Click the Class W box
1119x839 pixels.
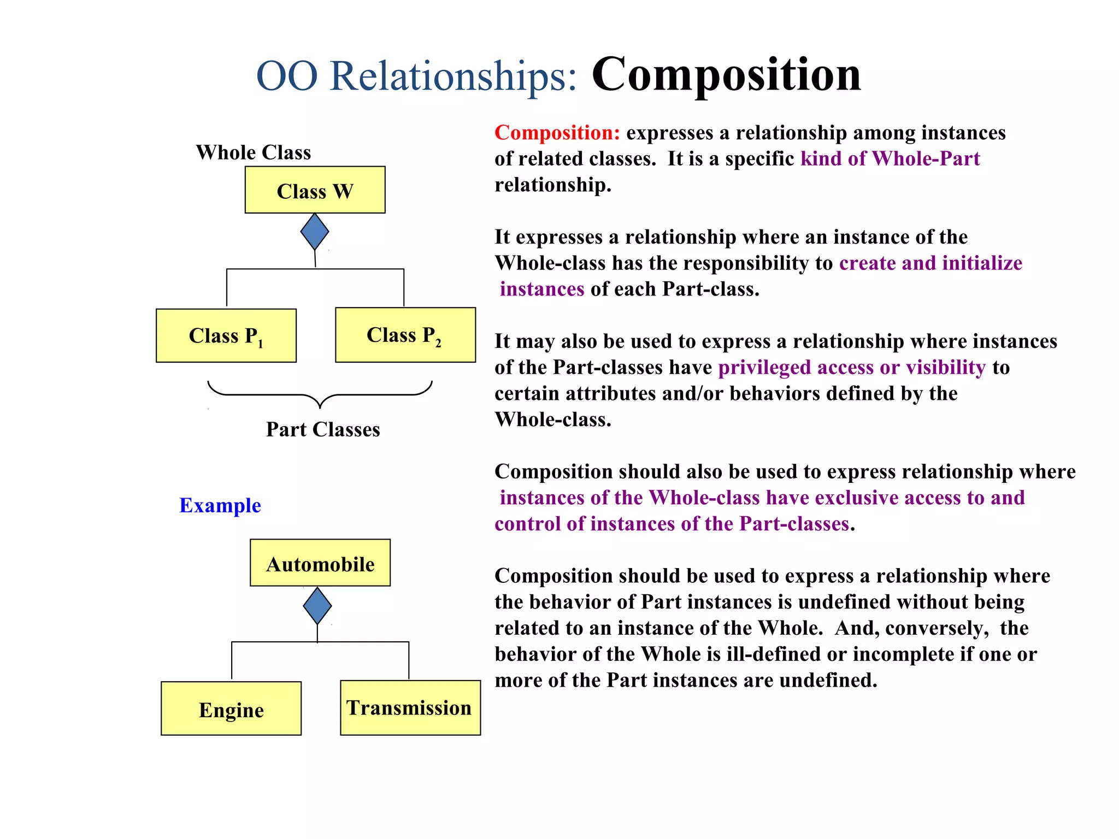pyautogui.click(x=315, y=190)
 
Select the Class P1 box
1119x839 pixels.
pyautogui.click(x=226, y=335)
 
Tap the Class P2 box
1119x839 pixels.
pyautogui.click(x=405, y=335)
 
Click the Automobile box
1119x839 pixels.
pyautogui.click(x=320, y=563)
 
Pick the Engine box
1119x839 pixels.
pyautogui.click(x=231, y=708)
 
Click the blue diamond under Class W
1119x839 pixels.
pyautogui.click(x=315, y=232)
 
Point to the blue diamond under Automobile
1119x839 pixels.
pyautogui.click(x=317, y=605)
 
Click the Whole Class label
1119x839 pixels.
pyautogui.click(x=254, y=152)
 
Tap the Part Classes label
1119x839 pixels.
pyautogui.click(x=323, y=429)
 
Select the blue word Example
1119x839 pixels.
pyautogui.click(x=220, y=505)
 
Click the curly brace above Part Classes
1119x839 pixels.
pyautogui.click(x=320, y=394)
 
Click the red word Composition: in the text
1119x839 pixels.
pyautogui.click(x=557, y=133)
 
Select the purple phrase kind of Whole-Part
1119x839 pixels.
pyautogui.click(x=890, y=159)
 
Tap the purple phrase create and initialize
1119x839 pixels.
pyautogui.click(x=930, y=263)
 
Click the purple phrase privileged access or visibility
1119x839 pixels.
pyautogui.click(x=851, y=368)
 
